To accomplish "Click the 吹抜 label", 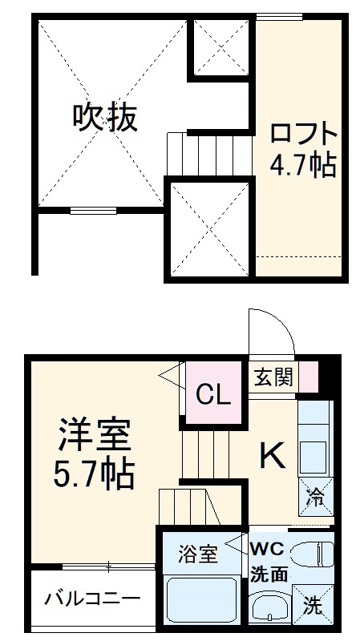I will [106, 119].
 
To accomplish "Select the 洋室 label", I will [93, 437].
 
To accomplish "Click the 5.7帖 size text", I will [93, 474].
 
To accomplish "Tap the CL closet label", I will [214, 394].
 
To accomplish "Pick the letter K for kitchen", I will [271, 457].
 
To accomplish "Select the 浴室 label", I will [197, 554].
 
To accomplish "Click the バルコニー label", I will [92, 599].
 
